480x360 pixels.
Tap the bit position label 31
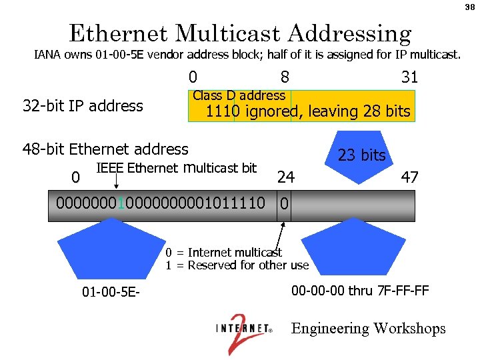[409, 77]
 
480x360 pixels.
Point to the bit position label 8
[285, 77]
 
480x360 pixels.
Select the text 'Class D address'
[239, 95]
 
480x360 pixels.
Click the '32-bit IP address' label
[83, 106]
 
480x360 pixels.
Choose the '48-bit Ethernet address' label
[106, 149]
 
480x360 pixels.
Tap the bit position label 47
[409, 177]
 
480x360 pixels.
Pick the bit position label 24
[286, 177]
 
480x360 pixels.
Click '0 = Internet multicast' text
[224, 252]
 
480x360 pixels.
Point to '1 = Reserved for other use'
[237, 265]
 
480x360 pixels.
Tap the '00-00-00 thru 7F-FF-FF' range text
[360, 291]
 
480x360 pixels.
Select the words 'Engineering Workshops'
[368, 329]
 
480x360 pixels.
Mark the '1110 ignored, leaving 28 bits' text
[308, 111]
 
